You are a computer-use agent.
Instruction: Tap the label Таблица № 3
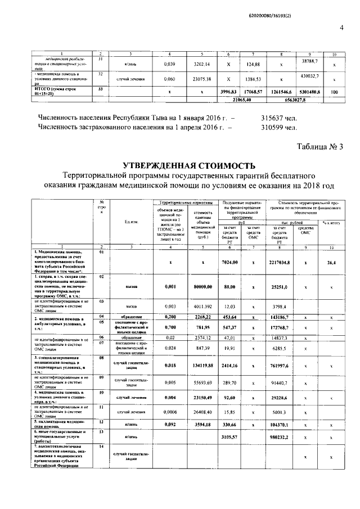point(319,147)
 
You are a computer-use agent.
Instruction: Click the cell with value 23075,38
point(202,79)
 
